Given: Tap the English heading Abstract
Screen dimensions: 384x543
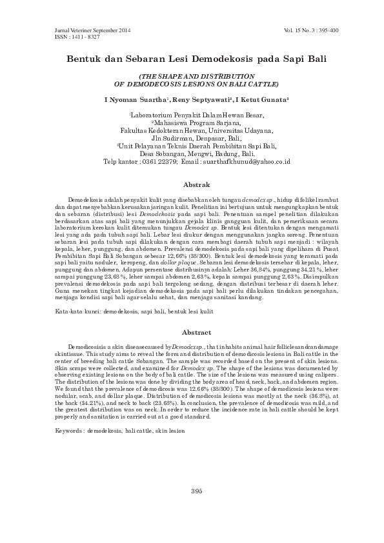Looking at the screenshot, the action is [197, 332].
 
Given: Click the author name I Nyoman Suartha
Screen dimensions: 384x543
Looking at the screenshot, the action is [136, 101].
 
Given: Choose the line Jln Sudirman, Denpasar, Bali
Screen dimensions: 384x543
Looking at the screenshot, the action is [196, 137].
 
